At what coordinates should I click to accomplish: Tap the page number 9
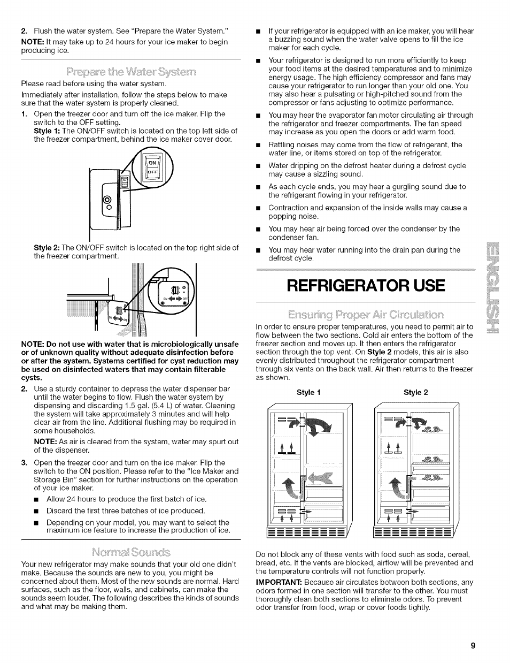coord(473,645)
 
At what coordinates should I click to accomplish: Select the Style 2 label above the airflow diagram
coord(416,392)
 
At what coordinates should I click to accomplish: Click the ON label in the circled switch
coord(152,163)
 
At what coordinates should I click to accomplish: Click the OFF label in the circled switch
coord(152,172)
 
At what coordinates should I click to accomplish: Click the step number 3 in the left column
coord(24,463)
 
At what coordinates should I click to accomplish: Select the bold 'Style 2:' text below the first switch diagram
coord(47,248)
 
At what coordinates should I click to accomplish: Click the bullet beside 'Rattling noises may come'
coord(258,145)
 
